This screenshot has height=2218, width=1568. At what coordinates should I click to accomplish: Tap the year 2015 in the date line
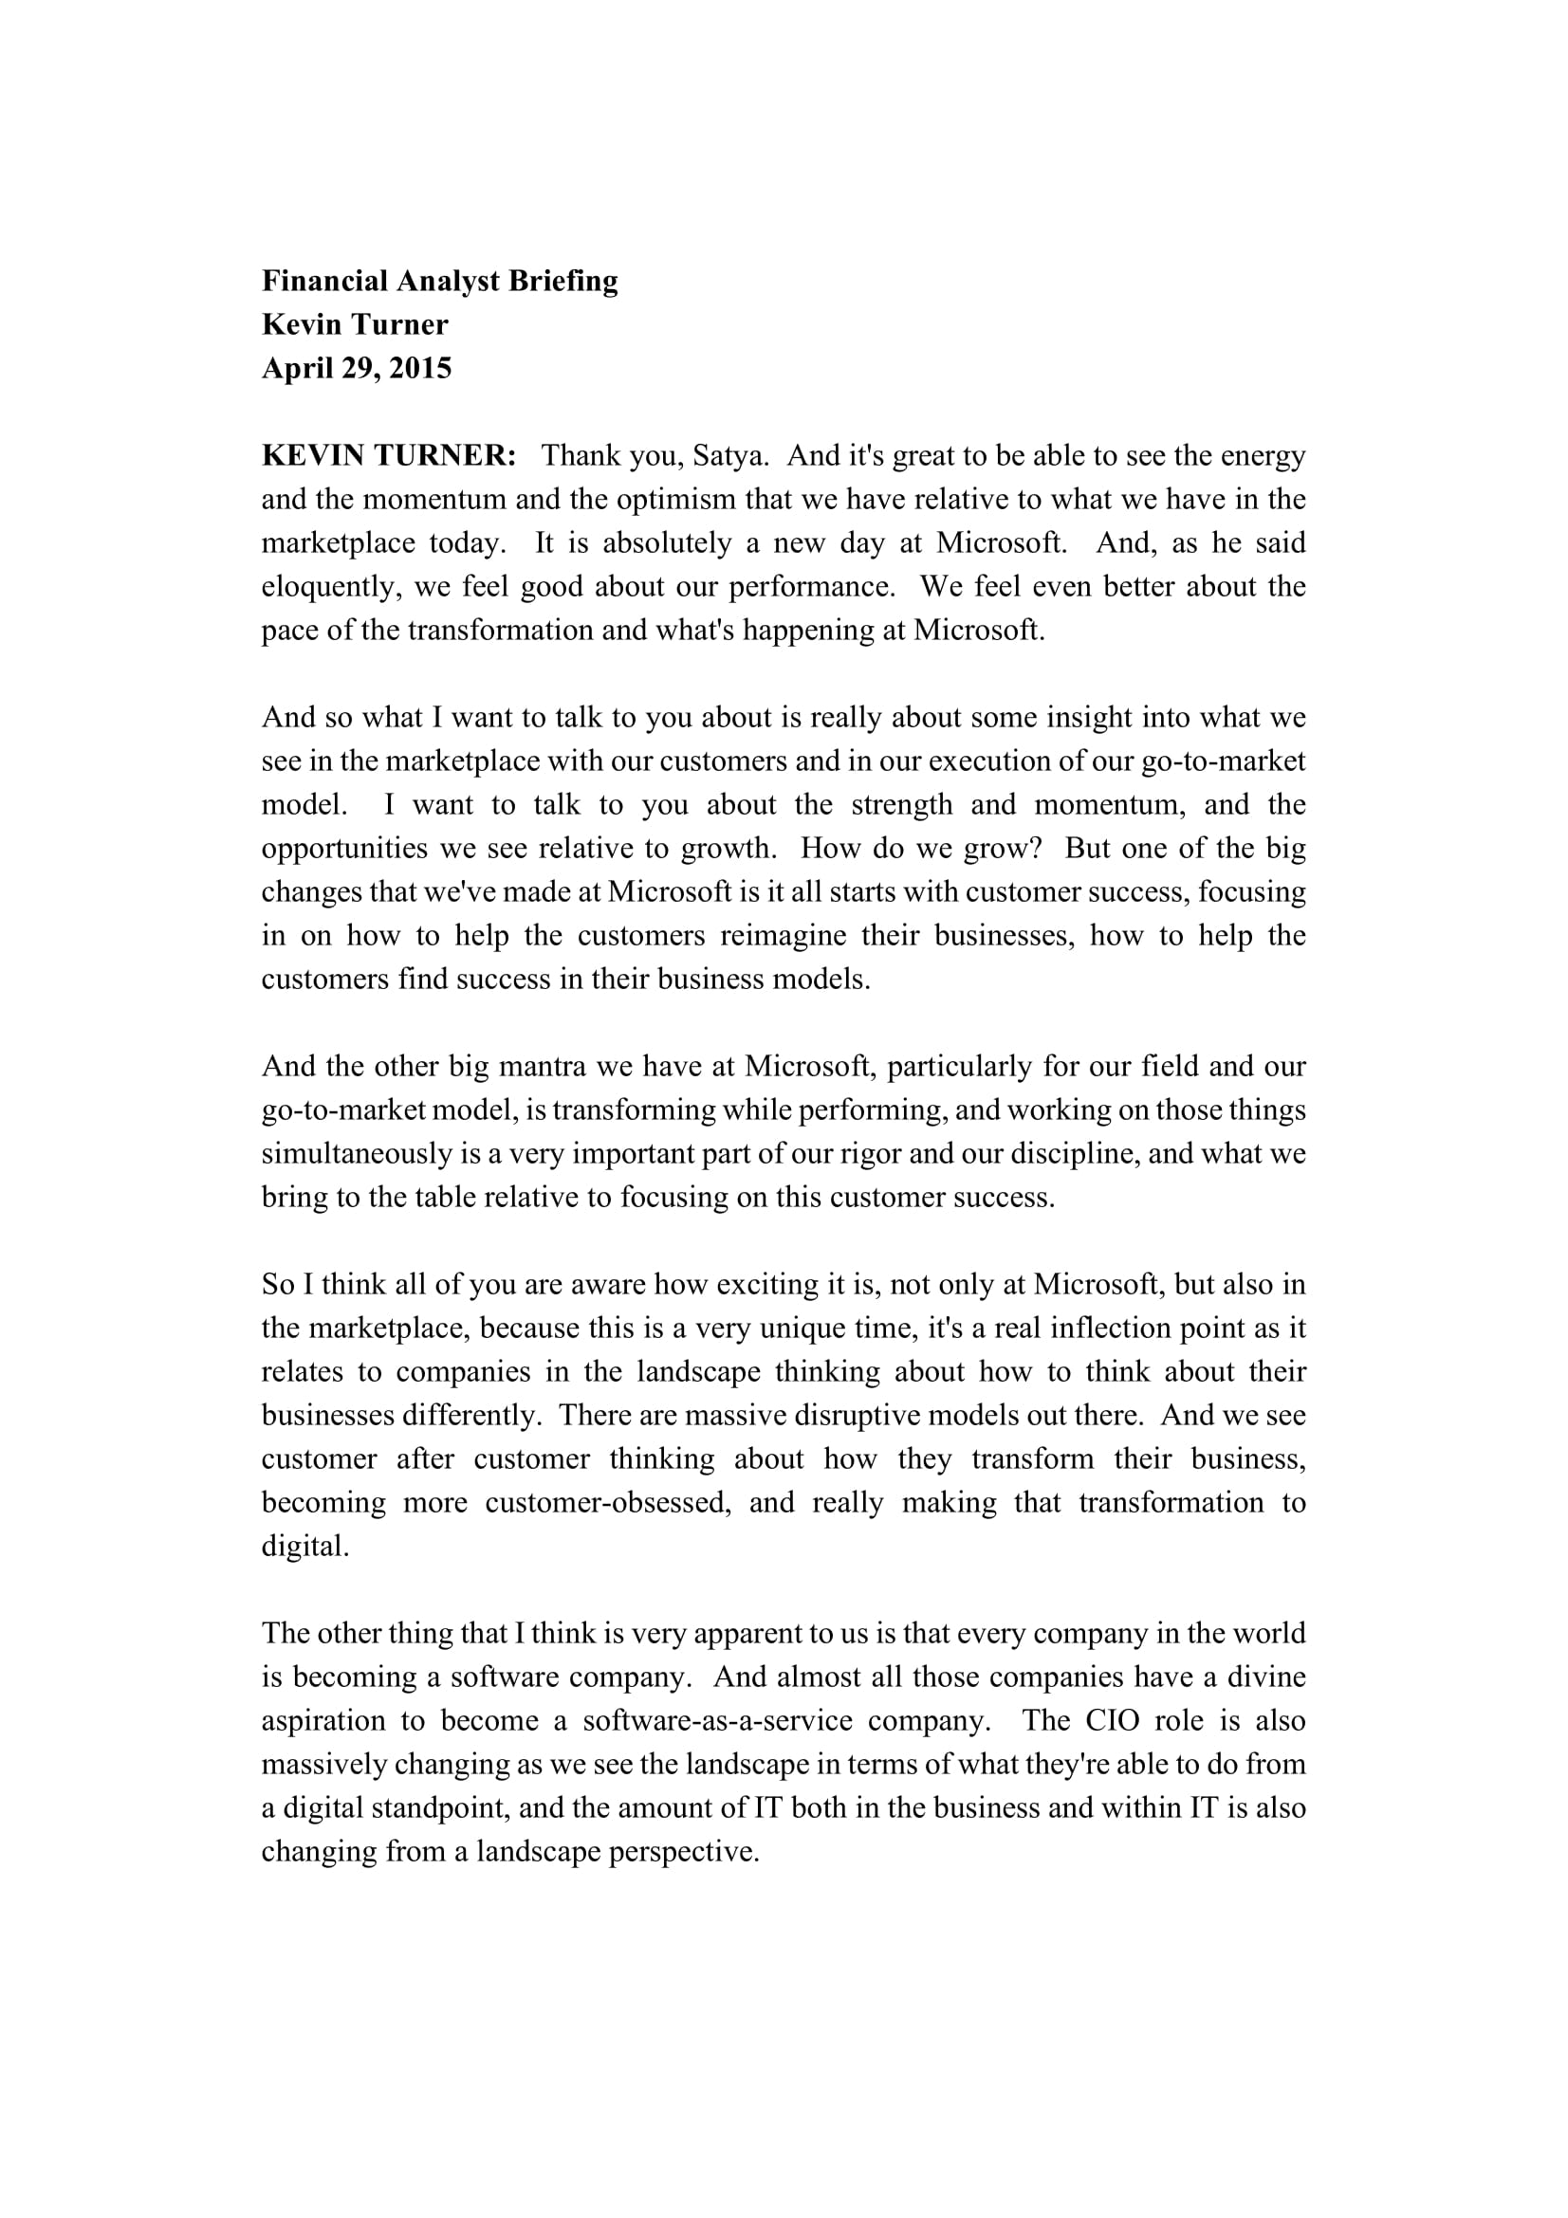tap(420, 369)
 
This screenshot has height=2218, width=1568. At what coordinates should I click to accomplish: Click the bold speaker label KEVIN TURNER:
tap(389, 456)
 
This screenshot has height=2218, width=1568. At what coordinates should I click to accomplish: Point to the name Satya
tap(729, 456)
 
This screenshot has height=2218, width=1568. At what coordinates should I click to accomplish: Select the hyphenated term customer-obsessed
tap(608, 1503)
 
